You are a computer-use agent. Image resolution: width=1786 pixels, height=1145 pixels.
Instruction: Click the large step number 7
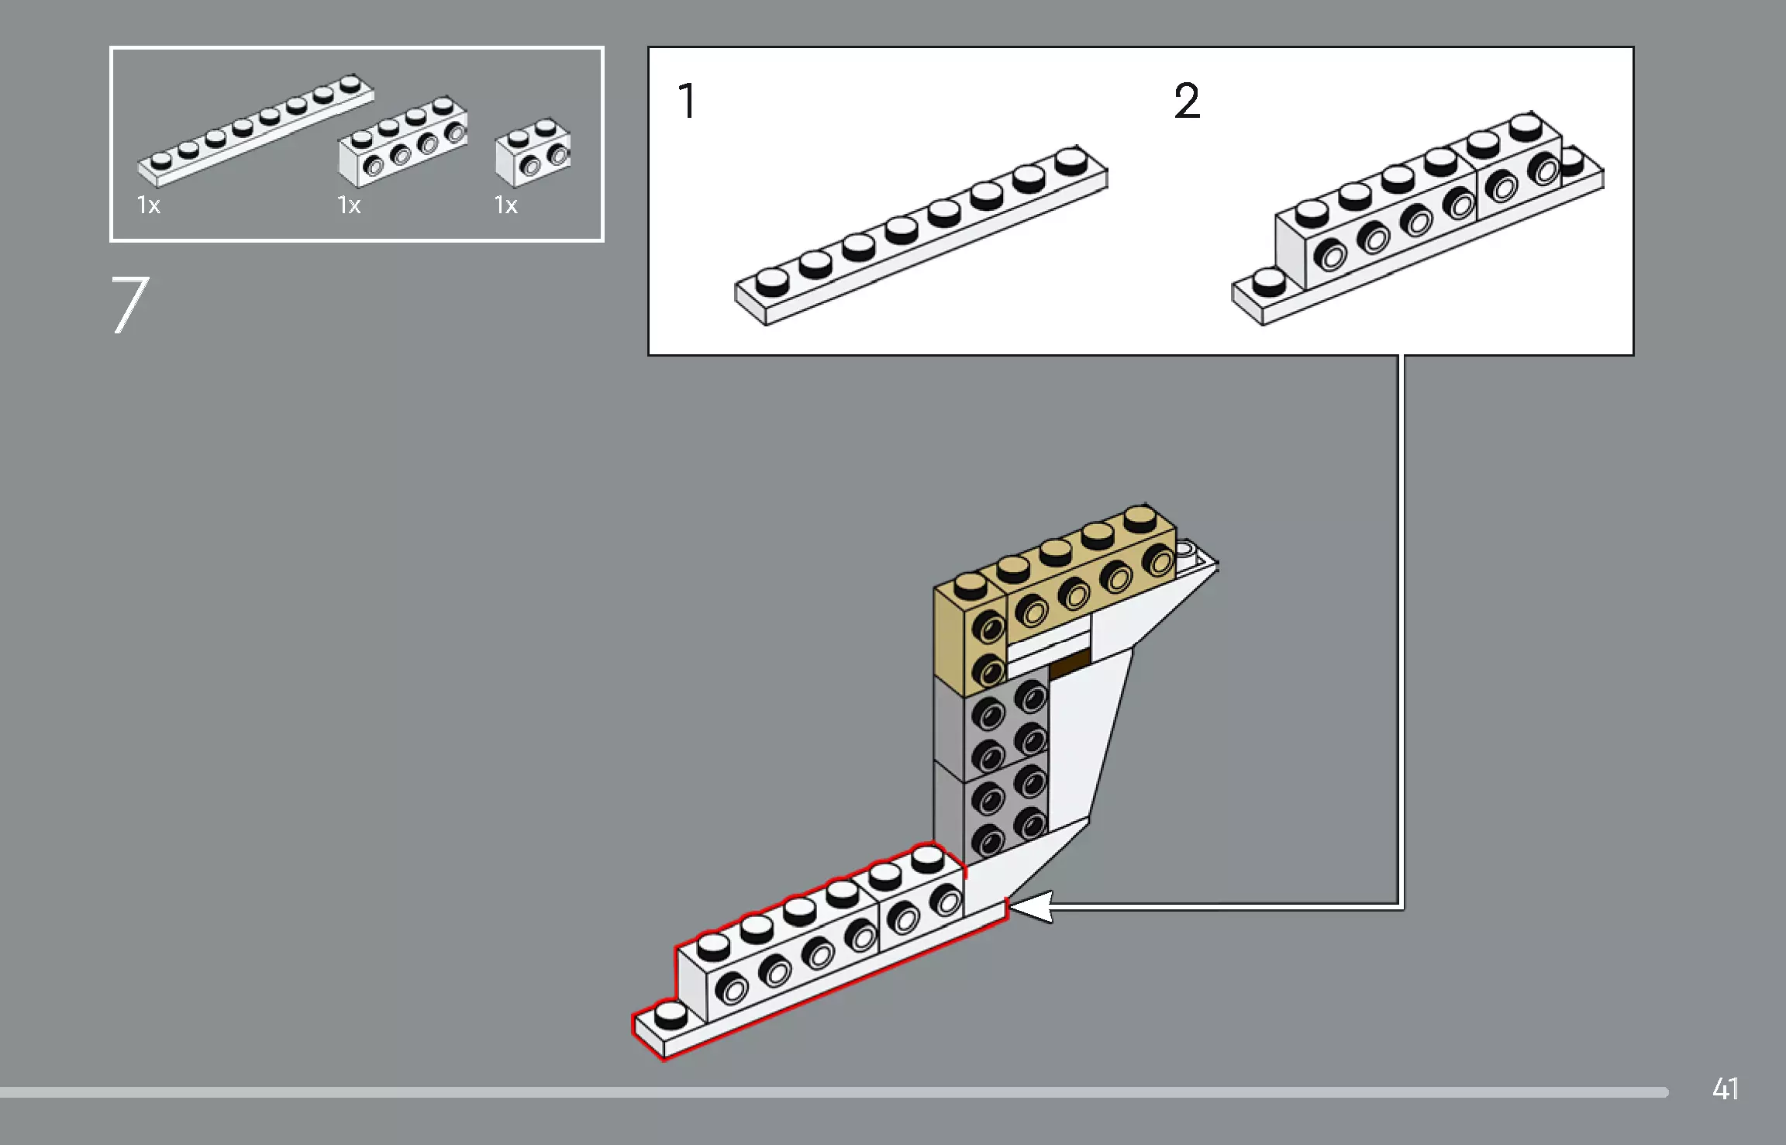[130, 305]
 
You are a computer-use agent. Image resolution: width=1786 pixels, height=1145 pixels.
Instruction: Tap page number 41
[1725, 1088]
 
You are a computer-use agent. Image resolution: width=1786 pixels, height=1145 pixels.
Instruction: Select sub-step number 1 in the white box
[687, 102]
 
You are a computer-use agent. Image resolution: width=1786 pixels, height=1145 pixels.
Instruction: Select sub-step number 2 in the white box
[1187, 102]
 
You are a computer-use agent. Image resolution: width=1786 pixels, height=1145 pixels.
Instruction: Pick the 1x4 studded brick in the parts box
[403, 143]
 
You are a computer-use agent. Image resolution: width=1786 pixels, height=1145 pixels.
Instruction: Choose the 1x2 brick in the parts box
[533, 152]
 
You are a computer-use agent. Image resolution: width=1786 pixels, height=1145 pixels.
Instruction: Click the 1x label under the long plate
[148, 205]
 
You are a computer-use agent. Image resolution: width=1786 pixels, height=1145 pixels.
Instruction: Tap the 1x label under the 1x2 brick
[505, 205]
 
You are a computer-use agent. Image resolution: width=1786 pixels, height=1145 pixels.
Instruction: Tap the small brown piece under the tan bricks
[1071, 663]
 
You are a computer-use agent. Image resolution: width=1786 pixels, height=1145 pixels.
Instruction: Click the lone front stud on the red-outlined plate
[670, 1016]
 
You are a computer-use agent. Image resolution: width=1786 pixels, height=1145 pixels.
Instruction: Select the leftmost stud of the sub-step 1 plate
[771, 282]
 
